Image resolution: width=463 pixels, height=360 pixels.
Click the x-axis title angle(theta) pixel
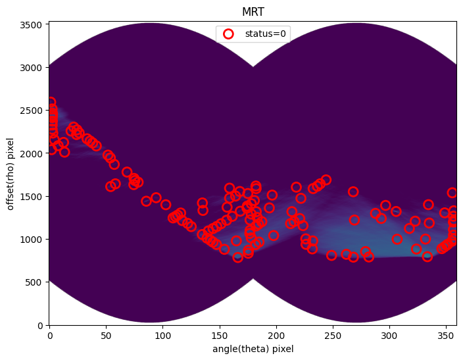(x=253, y=349)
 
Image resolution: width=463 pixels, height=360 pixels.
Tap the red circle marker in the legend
(x=228, y=34)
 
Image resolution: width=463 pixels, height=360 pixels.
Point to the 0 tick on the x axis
(x=49, y=336)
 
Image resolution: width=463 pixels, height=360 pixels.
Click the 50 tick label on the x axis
(x=106, y=336)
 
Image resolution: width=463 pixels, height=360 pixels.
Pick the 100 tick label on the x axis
(x=162, y=336)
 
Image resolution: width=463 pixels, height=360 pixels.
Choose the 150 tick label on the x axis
(x=220, y=336)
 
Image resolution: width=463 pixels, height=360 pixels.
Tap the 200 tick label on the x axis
(x=276, y=336)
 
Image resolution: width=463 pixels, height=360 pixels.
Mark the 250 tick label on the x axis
(x=333, y=336)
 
